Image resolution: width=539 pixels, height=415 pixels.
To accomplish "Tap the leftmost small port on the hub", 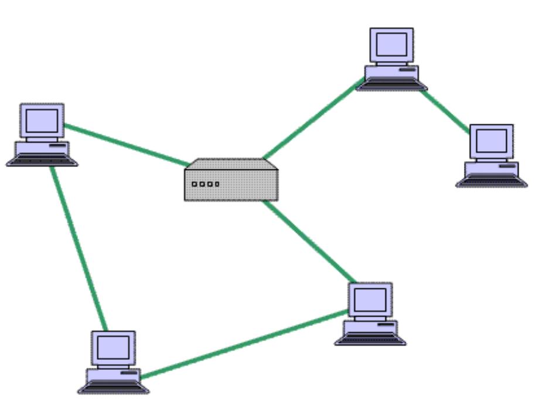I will [x=195, y=184].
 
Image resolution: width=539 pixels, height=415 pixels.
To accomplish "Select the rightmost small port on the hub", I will [x=217, y=184].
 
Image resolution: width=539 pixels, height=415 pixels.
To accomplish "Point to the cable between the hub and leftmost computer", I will [x=126, y=144].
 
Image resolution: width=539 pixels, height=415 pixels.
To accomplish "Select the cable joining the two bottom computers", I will [x=243, y=343].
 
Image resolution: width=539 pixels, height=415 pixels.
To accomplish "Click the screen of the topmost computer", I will [x=391, y=44].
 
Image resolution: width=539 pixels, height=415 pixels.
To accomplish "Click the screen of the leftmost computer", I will [x=42, y=120].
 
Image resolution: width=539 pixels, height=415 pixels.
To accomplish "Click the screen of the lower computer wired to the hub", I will [x=370, y=299].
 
